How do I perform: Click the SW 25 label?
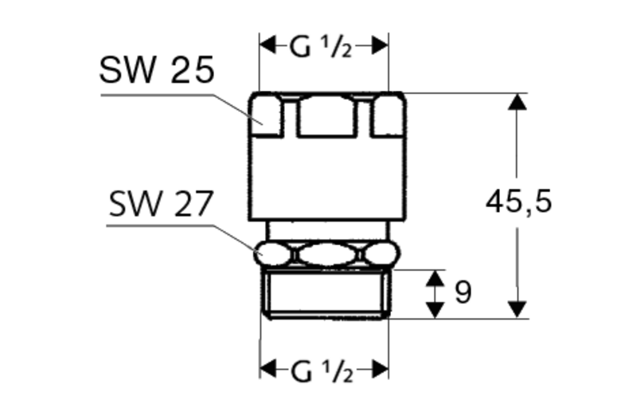point(157,70)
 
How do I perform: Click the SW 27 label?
point(162,204)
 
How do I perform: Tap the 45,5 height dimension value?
point(519,202)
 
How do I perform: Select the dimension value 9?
point(463,292)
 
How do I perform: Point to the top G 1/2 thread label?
point(321,46)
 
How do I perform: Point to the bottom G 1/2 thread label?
point(322,371)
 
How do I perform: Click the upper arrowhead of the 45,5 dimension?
point(517,102)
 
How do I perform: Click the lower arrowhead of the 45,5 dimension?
point(517,309)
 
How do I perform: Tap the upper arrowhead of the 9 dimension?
point(436,277)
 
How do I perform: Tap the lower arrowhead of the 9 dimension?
point(436,310)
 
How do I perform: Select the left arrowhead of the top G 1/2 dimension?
point(268,45)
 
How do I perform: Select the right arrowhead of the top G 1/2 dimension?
point(381,45)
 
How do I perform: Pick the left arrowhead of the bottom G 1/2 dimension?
point(268,369)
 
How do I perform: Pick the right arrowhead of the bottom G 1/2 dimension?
point(381,369)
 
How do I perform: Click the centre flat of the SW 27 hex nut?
point(327,254)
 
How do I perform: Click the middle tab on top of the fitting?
point(326,116)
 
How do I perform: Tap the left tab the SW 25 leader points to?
point(266,115)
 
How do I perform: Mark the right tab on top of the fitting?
point(389,115)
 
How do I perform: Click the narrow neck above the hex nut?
point(327,231)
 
